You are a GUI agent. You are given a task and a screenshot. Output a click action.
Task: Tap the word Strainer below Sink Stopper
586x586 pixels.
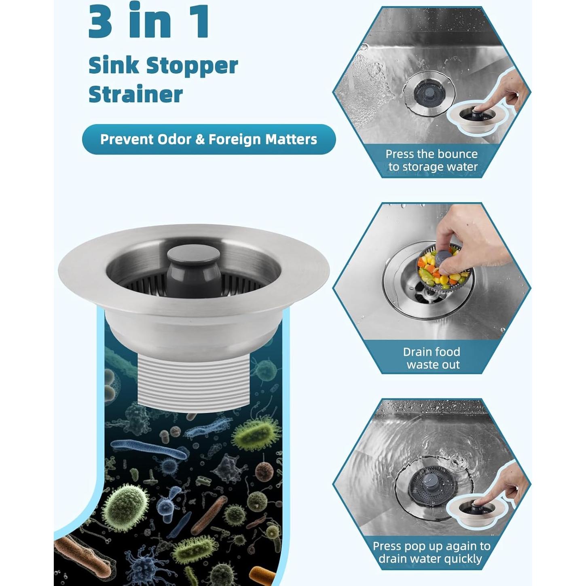click(x=135, y=94)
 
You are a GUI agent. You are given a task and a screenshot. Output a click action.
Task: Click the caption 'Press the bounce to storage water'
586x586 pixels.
click(x=432, y=161)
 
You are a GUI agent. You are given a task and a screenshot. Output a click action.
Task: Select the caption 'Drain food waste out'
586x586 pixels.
click(x=432, y=358)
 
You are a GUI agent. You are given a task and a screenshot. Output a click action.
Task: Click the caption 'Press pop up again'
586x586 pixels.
click(x=431, y=552)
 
